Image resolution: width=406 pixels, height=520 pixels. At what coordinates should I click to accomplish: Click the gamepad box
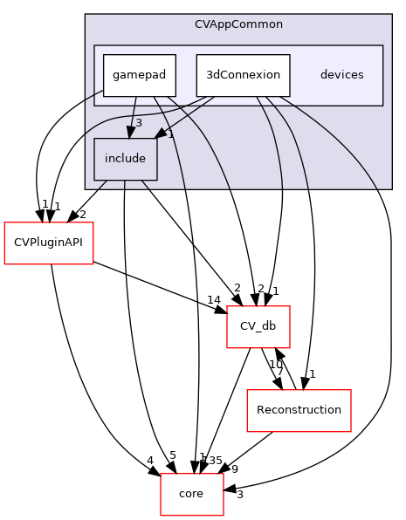pyautogui.click(x=140, y=75)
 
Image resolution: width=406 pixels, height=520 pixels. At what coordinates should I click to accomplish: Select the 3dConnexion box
pyautogui.click(x=242, y=75)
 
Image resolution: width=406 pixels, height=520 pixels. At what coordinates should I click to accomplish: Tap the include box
pyautogui.click(x=126, y=159)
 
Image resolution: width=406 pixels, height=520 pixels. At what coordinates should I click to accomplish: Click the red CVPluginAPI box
pyautogui.click(x=50, y=242)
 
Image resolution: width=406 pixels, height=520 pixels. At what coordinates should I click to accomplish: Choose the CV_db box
pyautogui.click(x=258, y=326)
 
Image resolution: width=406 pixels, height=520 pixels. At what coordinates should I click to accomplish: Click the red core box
pyautogui.click(x=191, y=494)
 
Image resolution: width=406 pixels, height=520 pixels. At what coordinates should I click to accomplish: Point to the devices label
pyautogui.click(x=341, y=75)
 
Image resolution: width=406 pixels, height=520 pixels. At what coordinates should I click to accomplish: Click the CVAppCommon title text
pyautogui.click(x=238, y=24)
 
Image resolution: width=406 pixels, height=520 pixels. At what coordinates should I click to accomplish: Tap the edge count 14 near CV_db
pyautogui.click(x=213, y=300)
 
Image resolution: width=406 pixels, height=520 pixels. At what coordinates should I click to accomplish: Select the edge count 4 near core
pyautogui.click(x=151, y=461)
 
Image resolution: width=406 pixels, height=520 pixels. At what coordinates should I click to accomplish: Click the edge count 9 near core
pyautogui.click(x=234, y=468)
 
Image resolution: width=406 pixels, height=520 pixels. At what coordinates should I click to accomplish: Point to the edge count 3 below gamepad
pyautogui.click(x=138, y=122)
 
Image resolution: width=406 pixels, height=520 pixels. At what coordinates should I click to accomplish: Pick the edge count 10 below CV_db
pyautogui.click(x=274, y=364)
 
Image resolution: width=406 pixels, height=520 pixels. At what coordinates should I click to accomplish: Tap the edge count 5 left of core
pyautogui.click(x=173, y=455)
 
